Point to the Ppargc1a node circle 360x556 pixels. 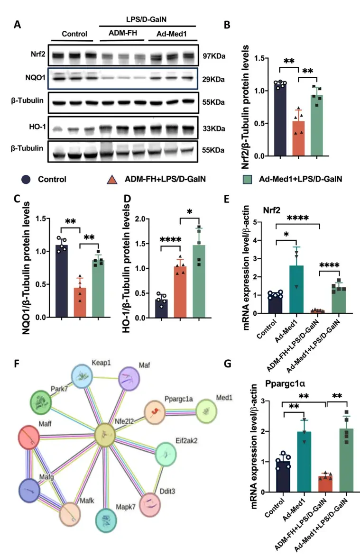(x=157, y=412)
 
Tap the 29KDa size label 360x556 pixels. (x=212, y=79)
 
